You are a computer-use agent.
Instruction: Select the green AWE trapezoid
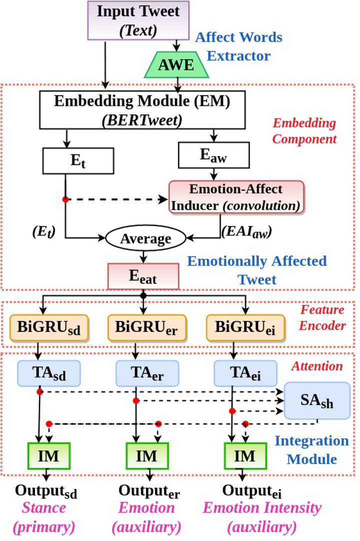pyautogui.click(x=177, y=65)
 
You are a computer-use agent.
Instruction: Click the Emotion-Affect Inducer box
pyautogui.click(x=236, y=196)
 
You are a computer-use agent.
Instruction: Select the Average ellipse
pyautogui.click(x=144, y=238)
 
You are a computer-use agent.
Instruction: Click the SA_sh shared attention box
pyautogui.click(x=317, y=400)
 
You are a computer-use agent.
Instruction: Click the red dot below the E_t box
pyautogui.click(x=65, y=199)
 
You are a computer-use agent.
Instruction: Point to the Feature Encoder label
pyautogui.click(x=322, y=317)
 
